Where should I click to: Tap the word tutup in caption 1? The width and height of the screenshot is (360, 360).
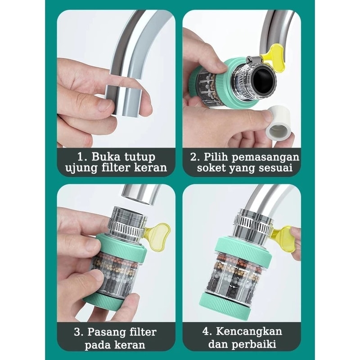coord(140,157)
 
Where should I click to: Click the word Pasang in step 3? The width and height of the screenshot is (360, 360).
coord(107,333)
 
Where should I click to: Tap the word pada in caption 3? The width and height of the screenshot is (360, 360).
coord(98,345)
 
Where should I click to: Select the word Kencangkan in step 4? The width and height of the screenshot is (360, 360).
coord(249,332)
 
